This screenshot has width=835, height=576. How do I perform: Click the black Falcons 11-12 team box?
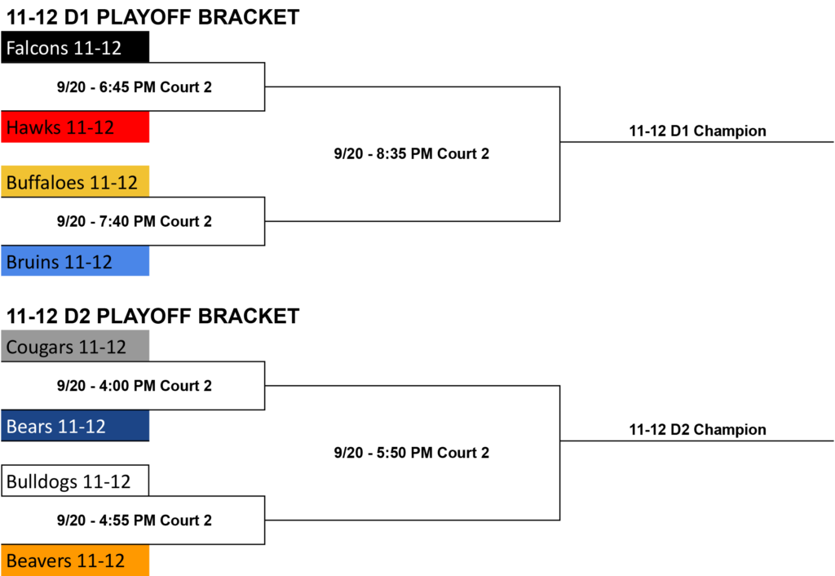pyautogui.click(x=75, y=47)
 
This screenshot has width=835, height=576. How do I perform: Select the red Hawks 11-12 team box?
pyautogui.click(x=75, y=126)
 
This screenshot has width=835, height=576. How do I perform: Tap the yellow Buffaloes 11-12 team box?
pyautogui.click(x=75, y=182)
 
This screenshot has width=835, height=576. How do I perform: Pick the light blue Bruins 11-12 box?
pyautogui.click(x=75, y=261)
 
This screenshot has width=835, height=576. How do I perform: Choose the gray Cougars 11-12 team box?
pyautogui.click(x=75, y=346)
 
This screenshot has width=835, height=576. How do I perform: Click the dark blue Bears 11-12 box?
pyautogui.click(x=75, y=426)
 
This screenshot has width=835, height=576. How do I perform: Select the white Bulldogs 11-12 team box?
pyautogui.click(x=75, y=481)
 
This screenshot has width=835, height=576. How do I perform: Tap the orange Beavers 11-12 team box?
pyautogui.click(x=75, y=560)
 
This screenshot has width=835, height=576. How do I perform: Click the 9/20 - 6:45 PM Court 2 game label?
pyautogui.click(x=135, y=86)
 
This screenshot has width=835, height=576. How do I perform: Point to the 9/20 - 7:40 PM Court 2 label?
pyautogui.click(x=135, y=221)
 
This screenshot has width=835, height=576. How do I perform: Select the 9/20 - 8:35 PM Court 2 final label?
pyautogui.click(x=412, y=153)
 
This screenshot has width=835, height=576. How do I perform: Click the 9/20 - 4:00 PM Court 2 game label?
pyautogui.click(x=135, y=386)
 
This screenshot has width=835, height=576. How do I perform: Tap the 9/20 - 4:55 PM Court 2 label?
pyautogui.click(x=135, y=520)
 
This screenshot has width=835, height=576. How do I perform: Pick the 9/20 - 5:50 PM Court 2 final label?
pyautogui.click(x=412, y=452)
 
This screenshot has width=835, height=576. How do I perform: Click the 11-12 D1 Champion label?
pyautogui.click(x=698, y=131)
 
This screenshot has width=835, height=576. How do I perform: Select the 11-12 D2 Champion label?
pyautogui.click(x=698, y=429)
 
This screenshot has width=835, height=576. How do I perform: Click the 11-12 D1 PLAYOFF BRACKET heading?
pyautogui.click(x=152, y=17)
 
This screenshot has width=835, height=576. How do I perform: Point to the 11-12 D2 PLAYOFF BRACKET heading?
pyautogui.click(x=152, y=316)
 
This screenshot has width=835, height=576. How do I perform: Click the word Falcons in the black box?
pyautogui.click(x=38, y=48)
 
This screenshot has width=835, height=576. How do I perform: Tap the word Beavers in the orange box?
pyautogui.click(x=39, y=560)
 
